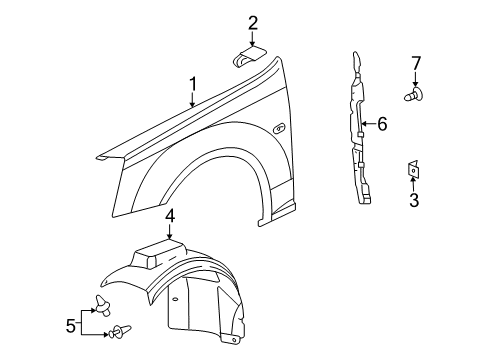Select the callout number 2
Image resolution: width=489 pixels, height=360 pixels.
[x=253, y=23]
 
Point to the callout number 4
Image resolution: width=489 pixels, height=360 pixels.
[x=170, y=215]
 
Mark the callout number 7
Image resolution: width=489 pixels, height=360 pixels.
[x=414, y=66]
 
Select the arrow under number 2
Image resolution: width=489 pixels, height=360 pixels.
[x=253, y=40]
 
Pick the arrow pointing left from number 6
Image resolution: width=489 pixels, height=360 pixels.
[x=367, y=124]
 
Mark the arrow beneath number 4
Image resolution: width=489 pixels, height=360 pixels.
[x=170, y=232]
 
